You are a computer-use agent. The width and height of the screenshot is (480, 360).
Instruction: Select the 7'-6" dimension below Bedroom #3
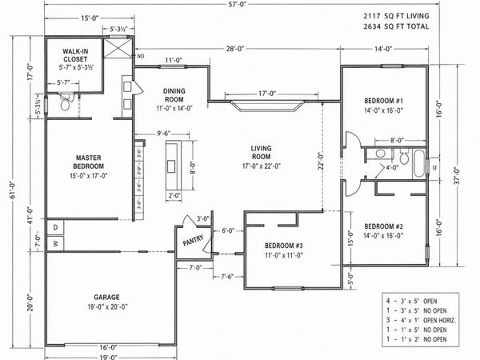pyautogui.click(x=228, y=278)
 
